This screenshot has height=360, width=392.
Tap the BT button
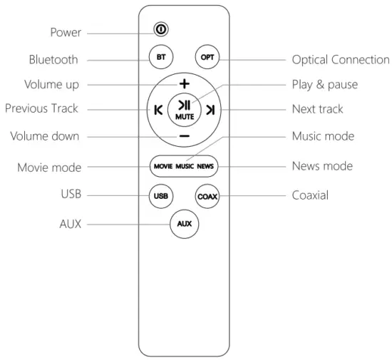pyautogui.click(x=161, y=57)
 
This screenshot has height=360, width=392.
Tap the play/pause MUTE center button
pyautogui.click(x=184, y=110)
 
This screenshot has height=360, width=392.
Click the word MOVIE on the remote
pyautogui.click(x=163, y=166)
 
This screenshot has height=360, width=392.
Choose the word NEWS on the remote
pyautogui.click(x=206, y=166)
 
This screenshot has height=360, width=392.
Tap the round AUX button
pyautogui.click(x=184, y=224)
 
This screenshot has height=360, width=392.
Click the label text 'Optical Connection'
pyautogui.click(x=341, y=60)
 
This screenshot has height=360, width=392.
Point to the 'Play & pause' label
pyautogui.click(x=325, y=85)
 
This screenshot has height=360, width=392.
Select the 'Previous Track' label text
pyautogui.click(x=41, y=109)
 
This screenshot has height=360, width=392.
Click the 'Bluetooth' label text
pyautogui.click(x=53, y=60)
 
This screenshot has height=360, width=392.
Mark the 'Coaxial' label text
pyautogui.click(x=310, y=195)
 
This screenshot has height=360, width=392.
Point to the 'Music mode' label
pyautogui.click(x=323, y=135)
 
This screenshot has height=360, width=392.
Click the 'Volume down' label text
pyautogui.click(x=42, y=135)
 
